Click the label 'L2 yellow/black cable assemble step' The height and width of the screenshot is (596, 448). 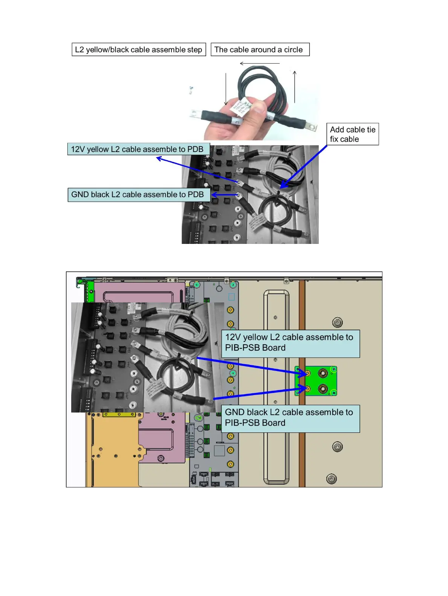pyautogui.click(x=139, y=50)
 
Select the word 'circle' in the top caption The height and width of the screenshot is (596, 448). pyautogui.click(x=293, y=50)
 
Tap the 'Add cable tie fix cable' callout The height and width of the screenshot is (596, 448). pyautogui.click(x=352, y=134)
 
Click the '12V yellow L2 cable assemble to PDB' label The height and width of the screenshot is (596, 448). pyautogui.click(x=138, y=149)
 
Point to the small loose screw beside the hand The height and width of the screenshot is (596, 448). pyautogui.click(x=191, y=90)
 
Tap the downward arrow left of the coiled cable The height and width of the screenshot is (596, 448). pyautogui.click(x=226, y=89)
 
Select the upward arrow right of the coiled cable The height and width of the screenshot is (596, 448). pyautogui.click(x=295, y=87)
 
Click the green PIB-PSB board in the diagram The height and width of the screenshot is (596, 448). pyautogui.click(x=316, y=381)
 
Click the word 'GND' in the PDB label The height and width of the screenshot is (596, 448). pyautogui.click(x=80, y=195)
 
